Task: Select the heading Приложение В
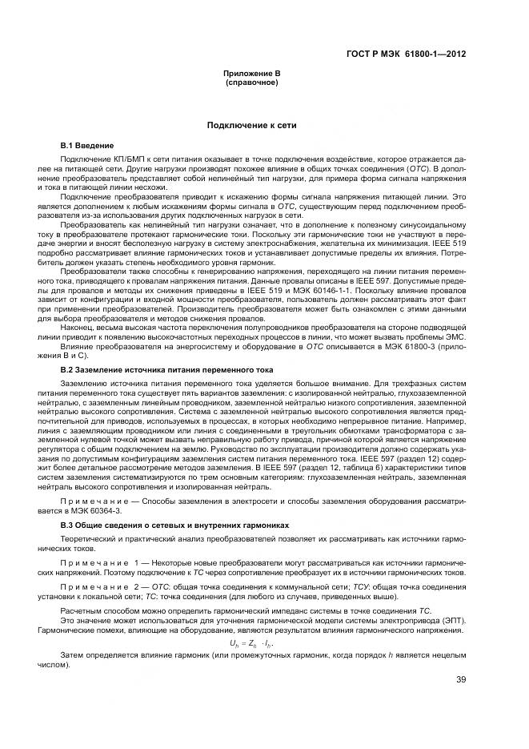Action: [251, 74]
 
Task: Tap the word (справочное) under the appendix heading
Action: [251, 83]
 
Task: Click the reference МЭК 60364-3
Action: [98, 509]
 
